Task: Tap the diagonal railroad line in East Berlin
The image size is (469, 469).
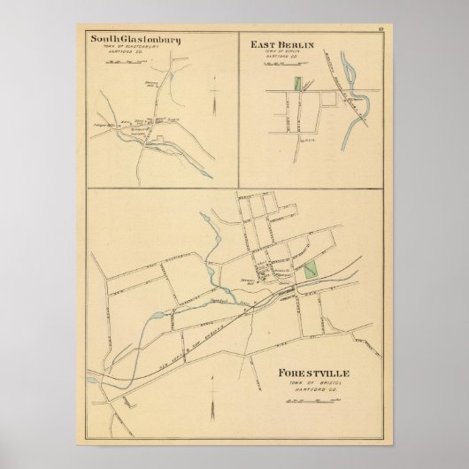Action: (334, 88)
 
